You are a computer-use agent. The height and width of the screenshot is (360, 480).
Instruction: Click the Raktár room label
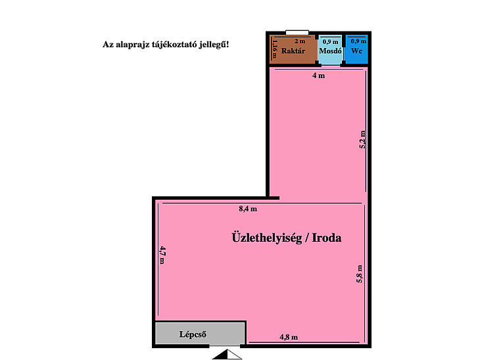(x=293, y=51)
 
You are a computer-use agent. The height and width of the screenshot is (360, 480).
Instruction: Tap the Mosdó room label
(x=330, y=51)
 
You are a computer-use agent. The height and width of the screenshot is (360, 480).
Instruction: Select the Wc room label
(x=356, y=51)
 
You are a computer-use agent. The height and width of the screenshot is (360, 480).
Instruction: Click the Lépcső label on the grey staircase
(x=193, y=334)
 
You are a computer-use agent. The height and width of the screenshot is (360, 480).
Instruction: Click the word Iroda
(x=326, y=238)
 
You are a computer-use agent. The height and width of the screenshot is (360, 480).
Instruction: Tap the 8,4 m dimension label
(x=248, y=209)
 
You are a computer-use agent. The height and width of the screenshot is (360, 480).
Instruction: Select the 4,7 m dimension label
(x=162, y=255)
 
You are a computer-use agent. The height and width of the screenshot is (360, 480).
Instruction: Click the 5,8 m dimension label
(x=360, y=274)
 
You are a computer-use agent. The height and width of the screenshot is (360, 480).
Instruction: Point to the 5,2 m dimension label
(x=362, y=139)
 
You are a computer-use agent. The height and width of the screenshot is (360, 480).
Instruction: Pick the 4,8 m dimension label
(x=289, y=337)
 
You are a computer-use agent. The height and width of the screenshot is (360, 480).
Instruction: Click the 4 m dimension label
(x=319, y=76)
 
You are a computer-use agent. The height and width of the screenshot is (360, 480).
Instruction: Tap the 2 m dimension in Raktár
(x=300, y=41)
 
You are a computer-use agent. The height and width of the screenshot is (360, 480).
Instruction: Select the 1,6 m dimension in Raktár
(x=274, y=49)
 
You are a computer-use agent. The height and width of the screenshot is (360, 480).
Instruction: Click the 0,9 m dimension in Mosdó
(x=330, y=41)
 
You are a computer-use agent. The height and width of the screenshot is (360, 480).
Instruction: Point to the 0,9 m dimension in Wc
(x=358, y=41)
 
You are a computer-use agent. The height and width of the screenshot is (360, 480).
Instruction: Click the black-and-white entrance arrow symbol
(x=227, y=354)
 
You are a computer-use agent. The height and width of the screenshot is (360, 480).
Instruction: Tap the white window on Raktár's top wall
(x=297, y=33)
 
